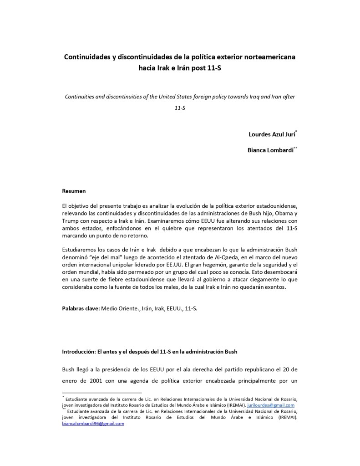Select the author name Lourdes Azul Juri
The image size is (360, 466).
pos(272,134)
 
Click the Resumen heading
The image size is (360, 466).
pos(74,191)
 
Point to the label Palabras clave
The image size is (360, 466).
pos(81,308)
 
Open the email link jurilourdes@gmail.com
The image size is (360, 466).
pos(271,405)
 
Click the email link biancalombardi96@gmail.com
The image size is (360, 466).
pos(93,423)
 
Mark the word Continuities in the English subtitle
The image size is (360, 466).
pos(81,97)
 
